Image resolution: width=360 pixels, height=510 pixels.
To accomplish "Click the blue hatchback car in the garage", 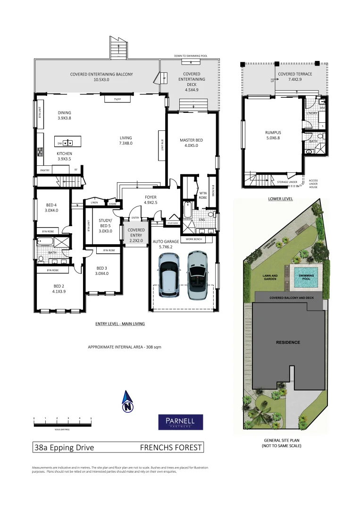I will [168, 276].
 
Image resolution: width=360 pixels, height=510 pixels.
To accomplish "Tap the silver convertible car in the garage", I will [197, 275].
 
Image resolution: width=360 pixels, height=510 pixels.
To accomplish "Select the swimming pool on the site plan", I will [306, 278].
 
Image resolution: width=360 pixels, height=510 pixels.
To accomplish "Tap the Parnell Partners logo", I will [180, 422].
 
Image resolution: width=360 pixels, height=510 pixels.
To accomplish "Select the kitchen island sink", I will [68, 143].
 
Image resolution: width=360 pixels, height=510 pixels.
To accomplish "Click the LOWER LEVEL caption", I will [280, 199].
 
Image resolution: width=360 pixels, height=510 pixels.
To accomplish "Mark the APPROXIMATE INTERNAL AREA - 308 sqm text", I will [125, 347].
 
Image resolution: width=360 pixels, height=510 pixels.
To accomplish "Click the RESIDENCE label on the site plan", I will [288, 342].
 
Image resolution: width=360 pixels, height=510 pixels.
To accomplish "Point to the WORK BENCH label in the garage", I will [193, 239].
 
